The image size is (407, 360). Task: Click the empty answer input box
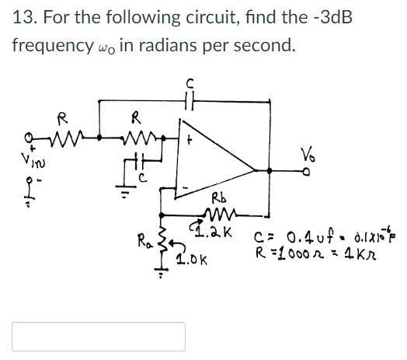99,336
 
